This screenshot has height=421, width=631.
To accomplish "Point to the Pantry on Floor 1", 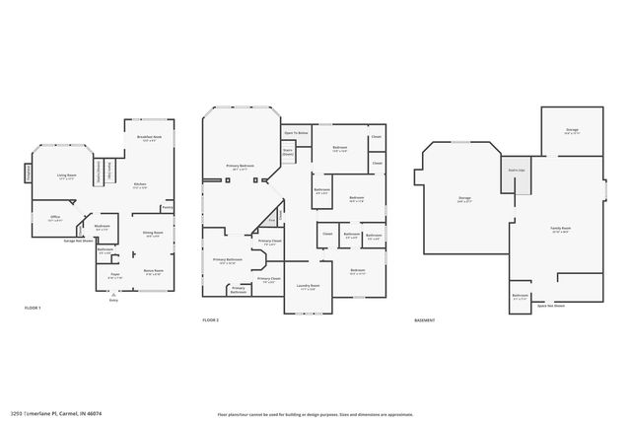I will (x=168, y=208).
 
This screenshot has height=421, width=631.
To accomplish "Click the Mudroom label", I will (x=102, y=228).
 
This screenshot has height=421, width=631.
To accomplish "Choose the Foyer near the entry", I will (x=114, y=277).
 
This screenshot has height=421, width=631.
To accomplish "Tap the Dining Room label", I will (x=153, y=235).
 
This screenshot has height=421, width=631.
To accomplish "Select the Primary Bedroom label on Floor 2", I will (x=240, y=167).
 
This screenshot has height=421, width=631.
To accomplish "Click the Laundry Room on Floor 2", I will (x=307, y=287).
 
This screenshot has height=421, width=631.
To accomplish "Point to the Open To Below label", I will (x=296, y=132).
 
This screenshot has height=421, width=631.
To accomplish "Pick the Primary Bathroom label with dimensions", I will (x=228, y=262).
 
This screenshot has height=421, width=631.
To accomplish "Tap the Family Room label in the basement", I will (x=560, y=230).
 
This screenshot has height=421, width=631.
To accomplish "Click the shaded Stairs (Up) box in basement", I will (x=515, y=171).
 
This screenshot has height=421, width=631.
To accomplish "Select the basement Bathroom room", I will (x=521, y=297).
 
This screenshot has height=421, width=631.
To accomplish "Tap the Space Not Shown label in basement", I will (x=551, y=307).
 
